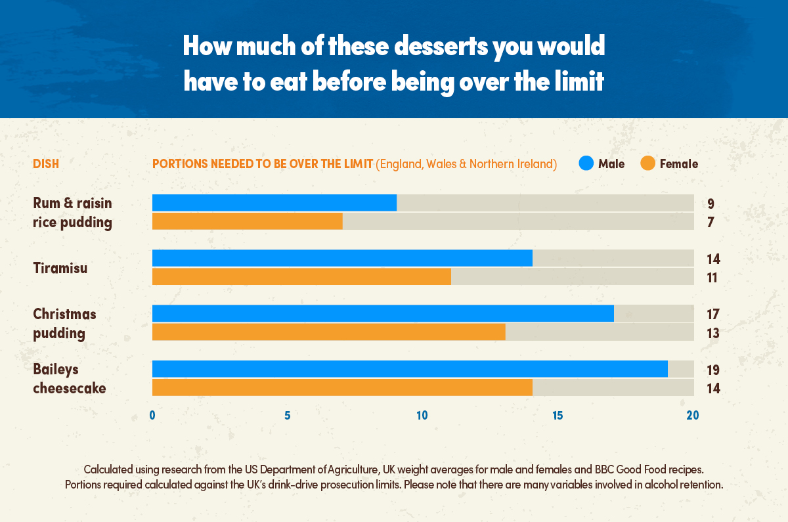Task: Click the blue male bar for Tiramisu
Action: tap(341, 258)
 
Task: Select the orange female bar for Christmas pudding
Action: tap(328, 332)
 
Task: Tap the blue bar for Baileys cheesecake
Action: tap(409, 369)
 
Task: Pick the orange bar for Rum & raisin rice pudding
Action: tap(247, 221)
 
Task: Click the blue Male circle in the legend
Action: tap(586, 163)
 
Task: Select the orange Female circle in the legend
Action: tap(648, 163)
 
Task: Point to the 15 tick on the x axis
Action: tap(557, 416)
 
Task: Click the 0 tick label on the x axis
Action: tap(152, 416)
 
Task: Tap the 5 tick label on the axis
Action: tap(288, 416)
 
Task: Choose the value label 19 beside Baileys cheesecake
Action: tap(713, 370)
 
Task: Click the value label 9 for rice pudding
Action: tap(711, 204)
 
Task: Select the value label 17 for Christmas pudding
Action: tap(713, 315)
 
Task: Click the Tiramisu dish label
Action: tap(60, 268)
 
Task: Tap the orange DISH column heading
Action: tap(46, 164)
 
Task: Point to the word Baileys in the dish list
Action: tap(56, 369)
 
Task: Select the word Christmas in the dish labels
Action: tap(64, 314)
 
